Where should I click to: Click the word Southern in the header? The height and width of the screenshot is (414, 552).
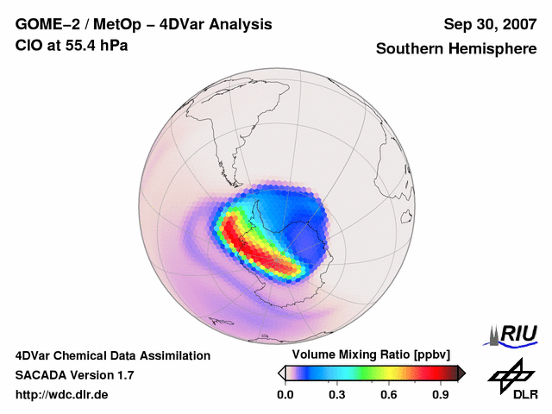click(411, 49)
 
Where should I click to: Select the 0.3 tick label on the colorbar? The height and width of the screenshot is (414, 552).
click(337, 395)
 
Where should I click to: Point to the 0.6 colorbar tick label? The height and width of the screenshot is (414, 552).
click(390, 395)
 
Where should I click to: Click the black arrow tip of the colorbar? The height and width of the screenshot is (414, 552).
click(461, 373)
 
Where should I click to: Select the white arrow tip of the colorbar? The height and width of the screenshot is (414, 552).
click(282, 373)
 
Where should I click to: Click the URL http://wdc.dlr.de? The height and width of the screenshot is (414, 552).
click(62, 395)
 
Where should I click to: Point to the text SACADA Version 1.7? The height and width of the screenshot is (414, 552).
click(74, 375)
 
